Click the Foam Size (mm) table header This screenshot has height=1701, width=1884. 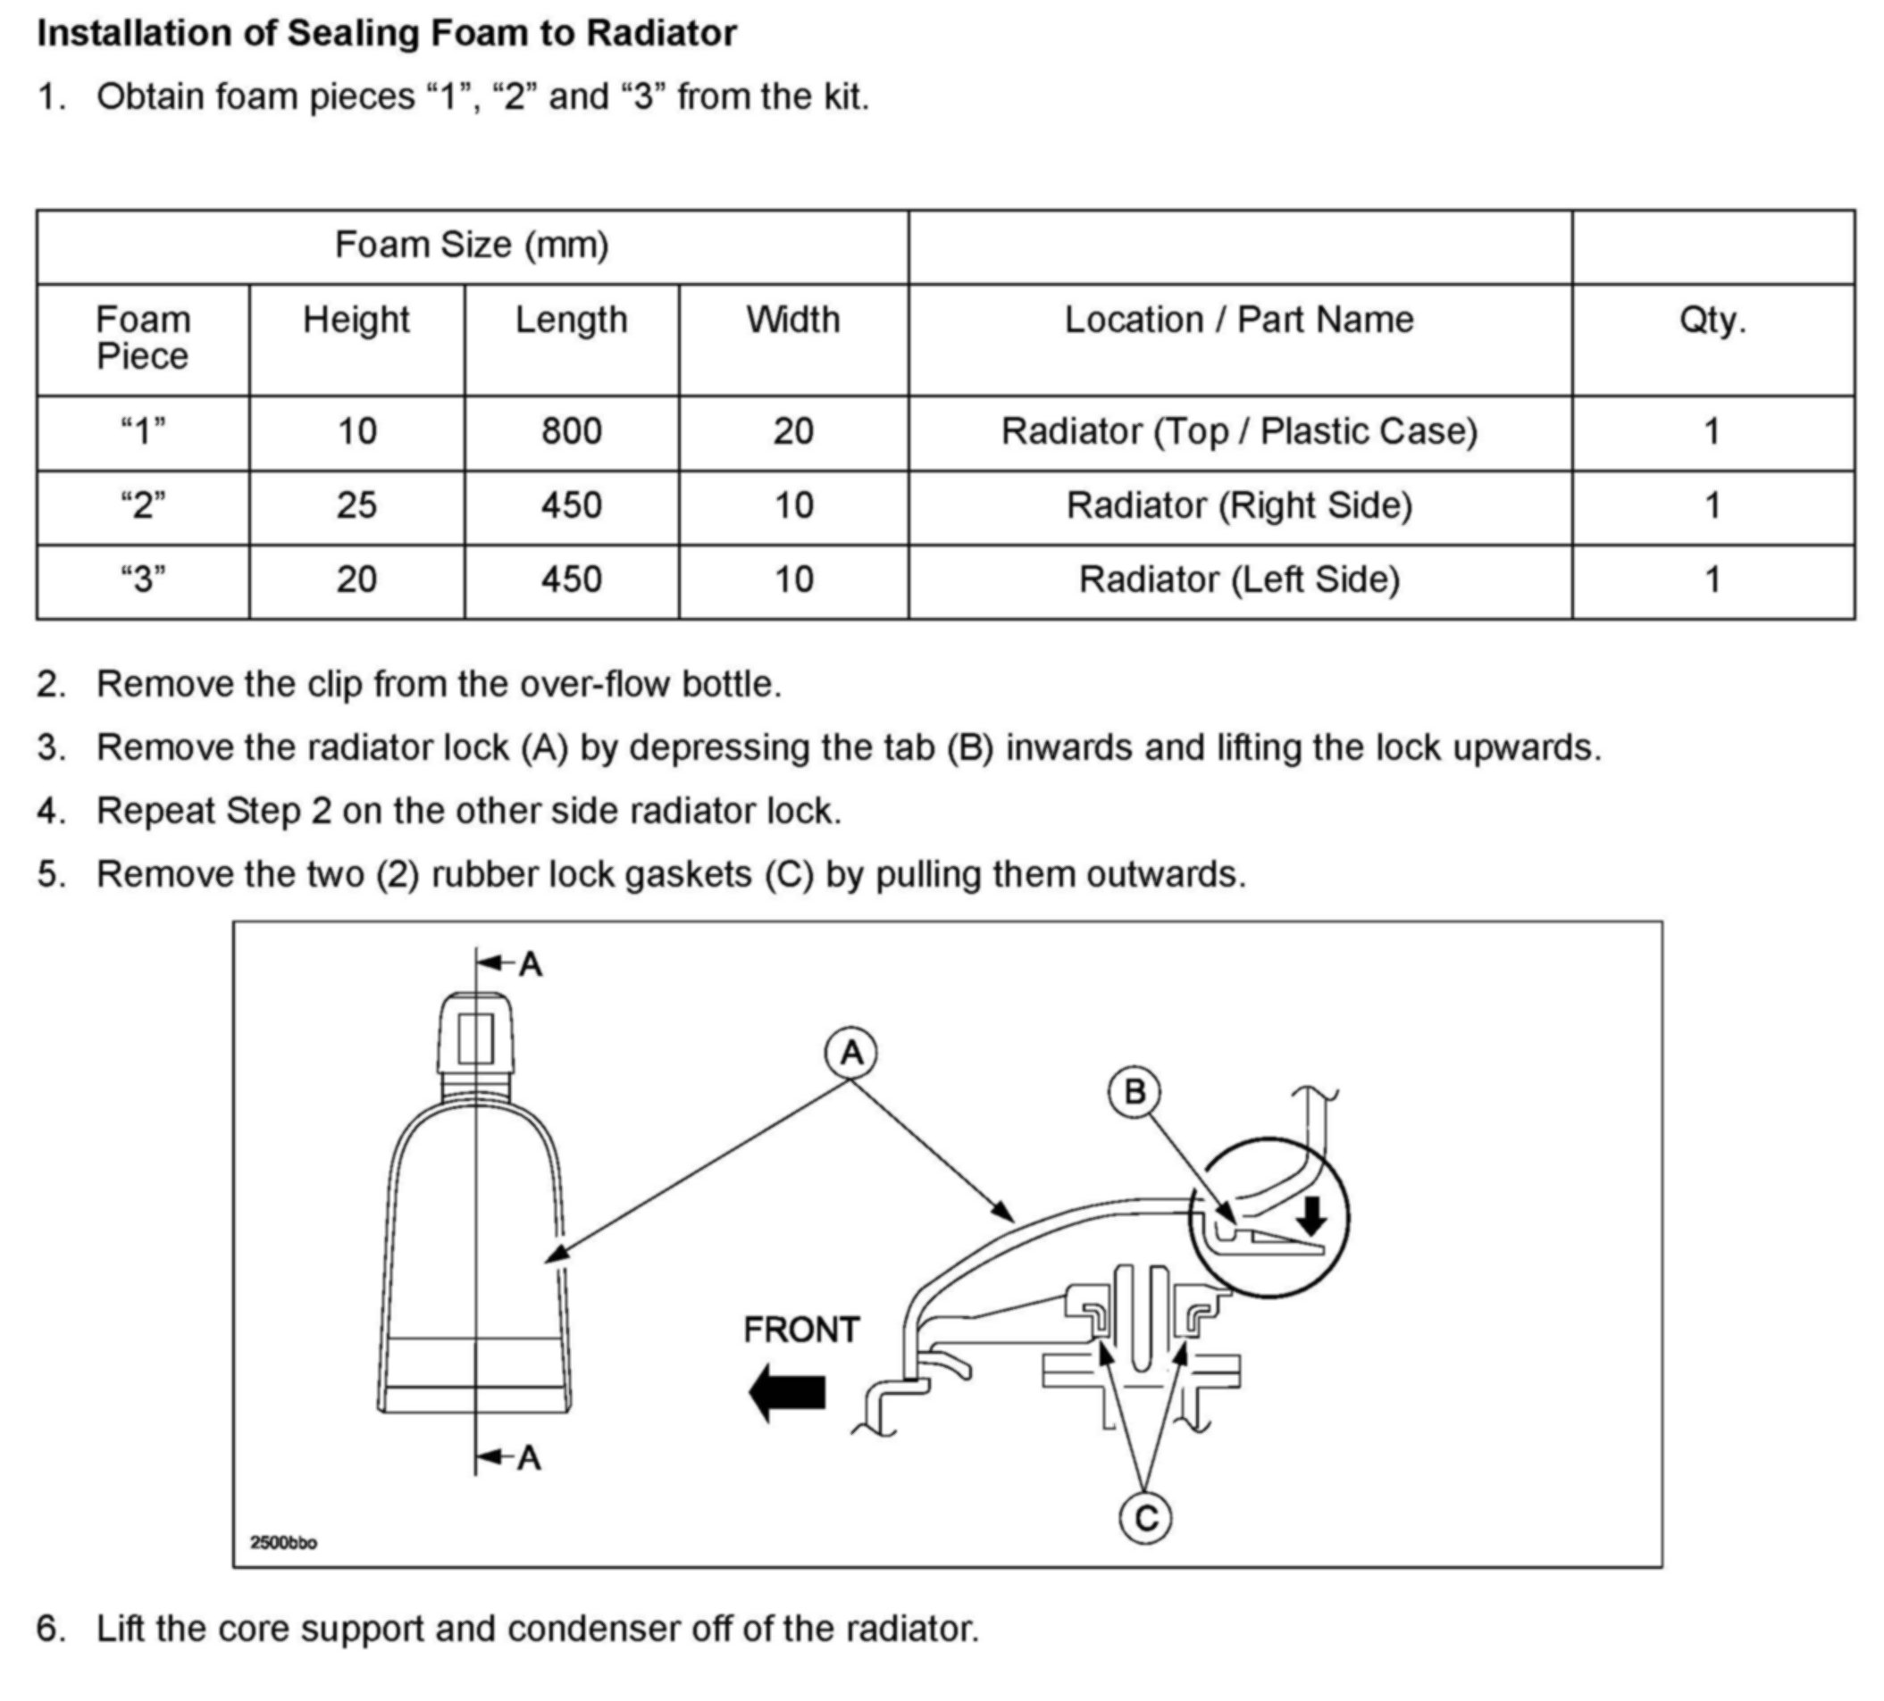tap(471, 246)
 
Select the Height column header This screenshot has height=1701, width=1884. tap(356, 321)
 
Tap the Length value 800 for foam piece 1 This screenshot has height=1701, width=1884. tap(571, 431)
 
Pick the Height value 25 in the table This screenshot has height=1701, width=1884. tap(356, 505)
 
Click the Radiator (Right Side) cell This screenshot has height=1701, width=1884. tap(1239, 505)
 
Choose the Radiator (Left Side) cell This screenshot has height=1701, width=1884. tap(1239, 580)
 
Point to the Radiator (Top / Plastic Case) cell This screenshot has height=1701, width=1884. tap(1239, 431)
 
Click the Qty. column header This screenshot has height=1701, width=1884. tap(1712, 321)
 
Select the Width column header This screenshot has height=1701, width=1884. tap(792, 321)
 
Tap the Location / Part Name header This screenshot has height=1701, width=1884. tap(1239, 321)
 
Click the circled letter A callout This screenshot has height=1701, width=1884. tap(850, 1054)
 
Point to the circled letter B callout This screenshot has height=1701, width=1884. tap(1135, 1091)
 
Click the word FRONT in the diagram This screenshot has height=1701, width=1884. tap(801, 1330)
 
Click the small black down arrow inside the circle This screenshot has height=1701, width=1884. tap(1312, 1215)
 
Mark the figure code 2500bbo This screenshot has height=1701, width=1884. tap(283, 1542)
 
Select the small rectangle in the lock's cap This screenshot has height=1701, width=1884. tap(475, 1038)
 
